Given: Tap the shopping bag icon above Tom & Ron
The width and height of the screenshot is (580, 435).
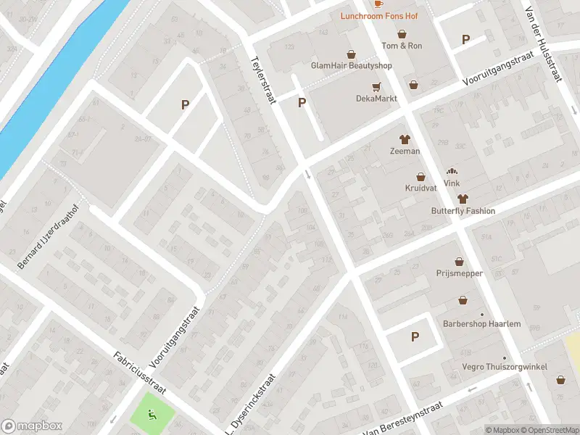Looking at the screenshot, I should click(x=402, y=34).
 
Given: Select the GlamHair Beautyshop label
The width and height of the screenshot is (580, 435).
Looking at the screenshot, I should click(x=351, y=65).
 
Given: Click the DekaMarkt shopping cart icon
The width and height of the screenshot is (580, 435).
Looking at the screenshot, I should click(x=376, y=87).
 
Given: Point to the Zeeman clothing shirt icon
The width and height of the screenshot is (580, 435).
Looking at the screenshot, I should click(x=405, y=139).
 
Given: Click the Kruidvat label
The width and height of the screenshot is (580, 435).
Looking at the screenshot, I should click(x=420, y=188).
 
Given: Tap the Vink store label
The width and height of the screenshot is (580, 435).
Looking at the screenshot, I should click(x=452, y=183).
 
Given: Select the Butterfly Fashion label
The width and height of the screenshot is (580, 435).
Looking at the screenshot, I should click(x=462, y=211).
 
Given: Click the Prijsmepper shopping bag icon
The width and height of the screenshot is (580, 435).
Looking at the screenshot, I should click(x=460, y=262).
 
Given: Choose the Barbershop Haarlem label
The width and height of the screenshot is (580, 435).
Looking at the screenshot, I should click(x=482, y=323).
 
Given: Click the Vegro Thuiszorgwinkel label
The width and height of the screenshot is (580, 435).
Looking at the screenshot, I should click(x=505, y=367).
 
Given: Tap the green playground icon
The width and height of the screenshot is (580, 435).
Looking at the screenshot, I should click(x=152, y=415).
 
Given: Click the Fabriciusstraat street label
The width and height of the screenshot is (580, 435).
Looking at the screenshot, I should click(x=140, y=373).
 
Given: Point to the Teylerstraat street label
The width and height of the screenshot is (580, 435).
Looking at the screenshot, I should click(x=264, y=80).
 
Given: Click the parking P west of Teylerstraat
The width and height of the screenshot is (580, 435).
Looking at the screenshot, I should click(x=185, y=105).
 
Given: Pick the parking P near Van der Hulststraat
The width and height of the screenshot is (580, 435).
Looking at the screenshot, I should click(x=465, y=40).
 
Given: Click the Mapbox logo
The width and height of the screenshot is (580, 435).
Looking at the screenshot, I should click(x=32, y=426).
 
